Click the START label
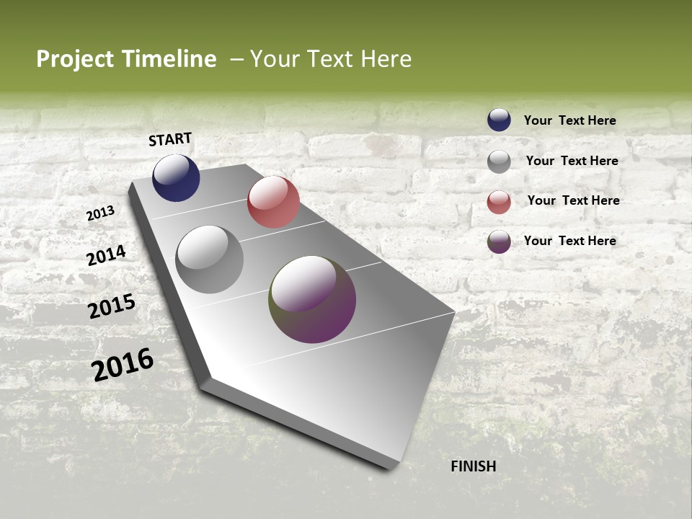pos(170,139)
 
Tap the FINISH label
pos(474,466)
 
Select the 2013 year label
pos(101,213)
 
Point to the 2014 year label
pos(106,255)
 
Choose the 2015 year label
pos(112,306)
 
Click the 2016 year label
pos(123,364)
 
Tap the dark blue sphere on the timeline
pos(176,178)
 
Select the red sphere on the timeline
pos(273,202)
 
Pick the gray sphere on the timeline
pos(210,259)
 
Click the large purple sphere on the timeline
pos(312,299)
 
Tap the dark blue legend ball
pos(499,120)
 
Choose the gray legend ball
pos(499,161)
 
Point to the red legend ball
pos(499,202)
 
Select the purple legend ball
pos(499,241)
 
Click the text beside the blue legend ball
pos(569,120)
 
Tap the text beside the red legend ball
pos(573,200)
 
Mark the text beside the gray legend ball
pos(572,161)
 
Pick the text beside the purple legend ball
pos(569,241)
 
